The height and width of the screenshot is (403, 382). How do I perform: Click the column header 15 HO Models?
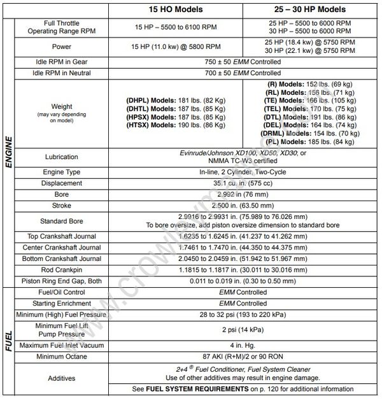[x=175, y=10]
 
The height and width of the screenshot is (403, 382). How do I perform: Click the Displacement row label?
[x=62, y=183]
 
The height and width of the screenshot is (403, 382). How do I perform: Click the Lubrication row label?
[x=62, y=157]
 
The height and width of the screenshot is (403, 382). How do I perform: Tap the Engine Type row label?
[x=62, y=173]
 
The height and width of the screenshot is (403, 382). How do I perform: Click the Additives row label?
[x=62, y=378]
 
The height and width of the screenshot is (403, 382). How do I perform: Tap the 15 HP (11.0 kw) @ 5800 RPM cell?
[x=175, y=47]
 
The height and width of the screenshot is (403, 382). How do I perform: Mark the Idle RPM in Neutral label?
[x=62, y=74]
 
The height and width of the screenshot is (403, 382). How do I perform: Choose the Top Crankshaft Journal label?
[x=62, y=235]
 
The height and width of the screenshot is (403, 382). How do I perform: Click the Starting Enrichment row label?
[x=62, y=304]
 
